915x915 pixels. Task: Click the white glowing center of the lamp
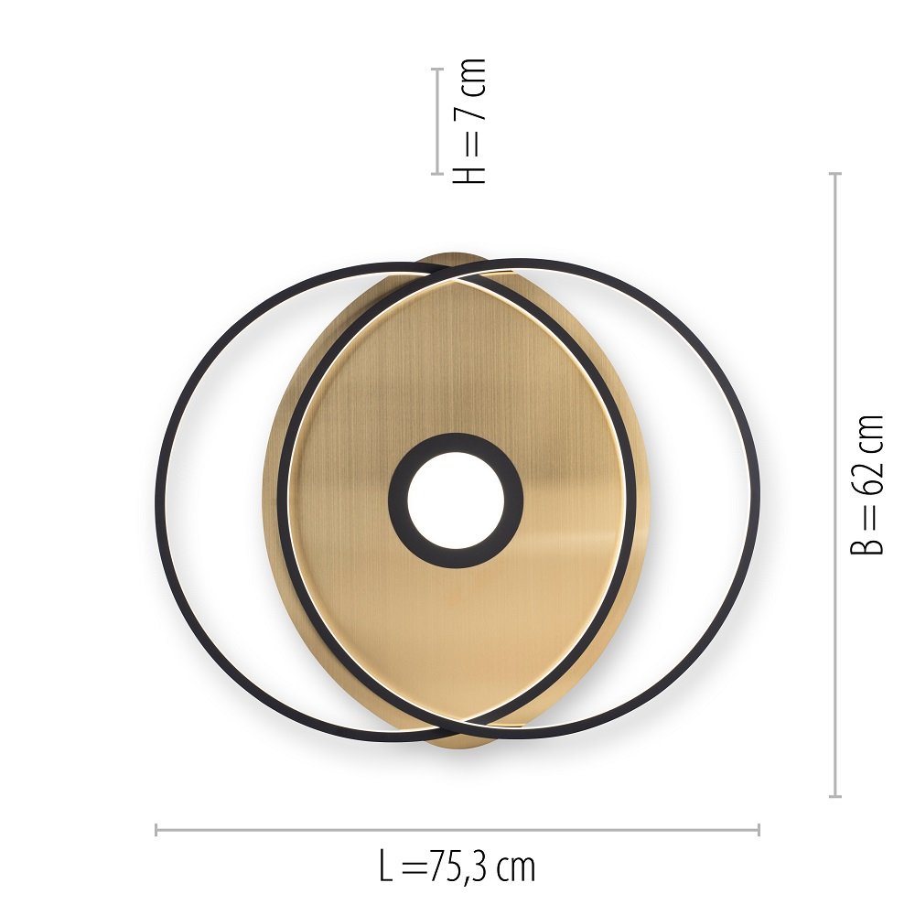(455, 501)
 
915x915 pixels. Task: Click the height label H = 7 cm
(468, 122)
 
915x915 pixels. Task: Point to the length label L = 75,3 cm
(457, 868)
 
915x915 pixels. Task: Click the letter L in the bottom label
(386, 868)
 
